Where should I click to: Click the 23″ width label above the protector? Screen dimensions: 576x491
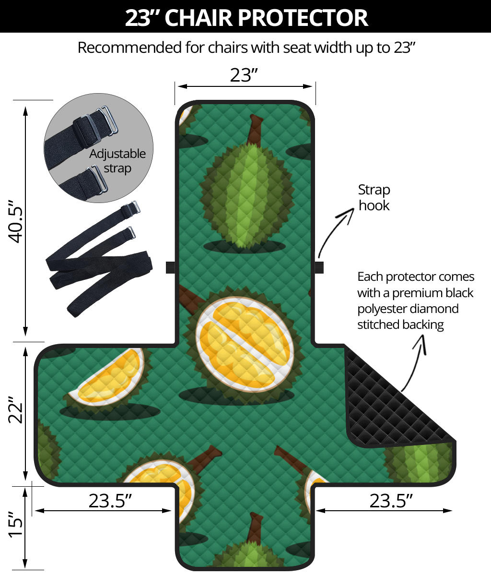pos(244,75)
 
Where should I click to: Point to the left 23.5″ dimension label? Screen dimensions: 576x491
pos(110,501)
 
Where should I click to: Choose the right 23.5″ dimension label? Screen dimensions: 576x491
pos(391,501)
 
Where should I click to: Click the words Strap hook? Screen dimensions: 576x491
pos(374,197)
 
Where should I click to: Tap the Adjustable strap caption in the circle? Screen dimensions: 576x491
pos(117,161)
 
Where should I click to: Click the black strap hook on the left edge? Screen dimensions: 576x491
pos(170,267)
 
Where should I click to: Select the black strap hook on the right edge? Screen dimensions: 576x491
pos(319,267)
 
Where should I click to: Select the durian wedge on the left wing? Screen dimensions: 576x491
pos(108,379)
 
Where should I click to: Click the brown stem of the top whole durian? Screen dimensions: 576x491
pos(253,130)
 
